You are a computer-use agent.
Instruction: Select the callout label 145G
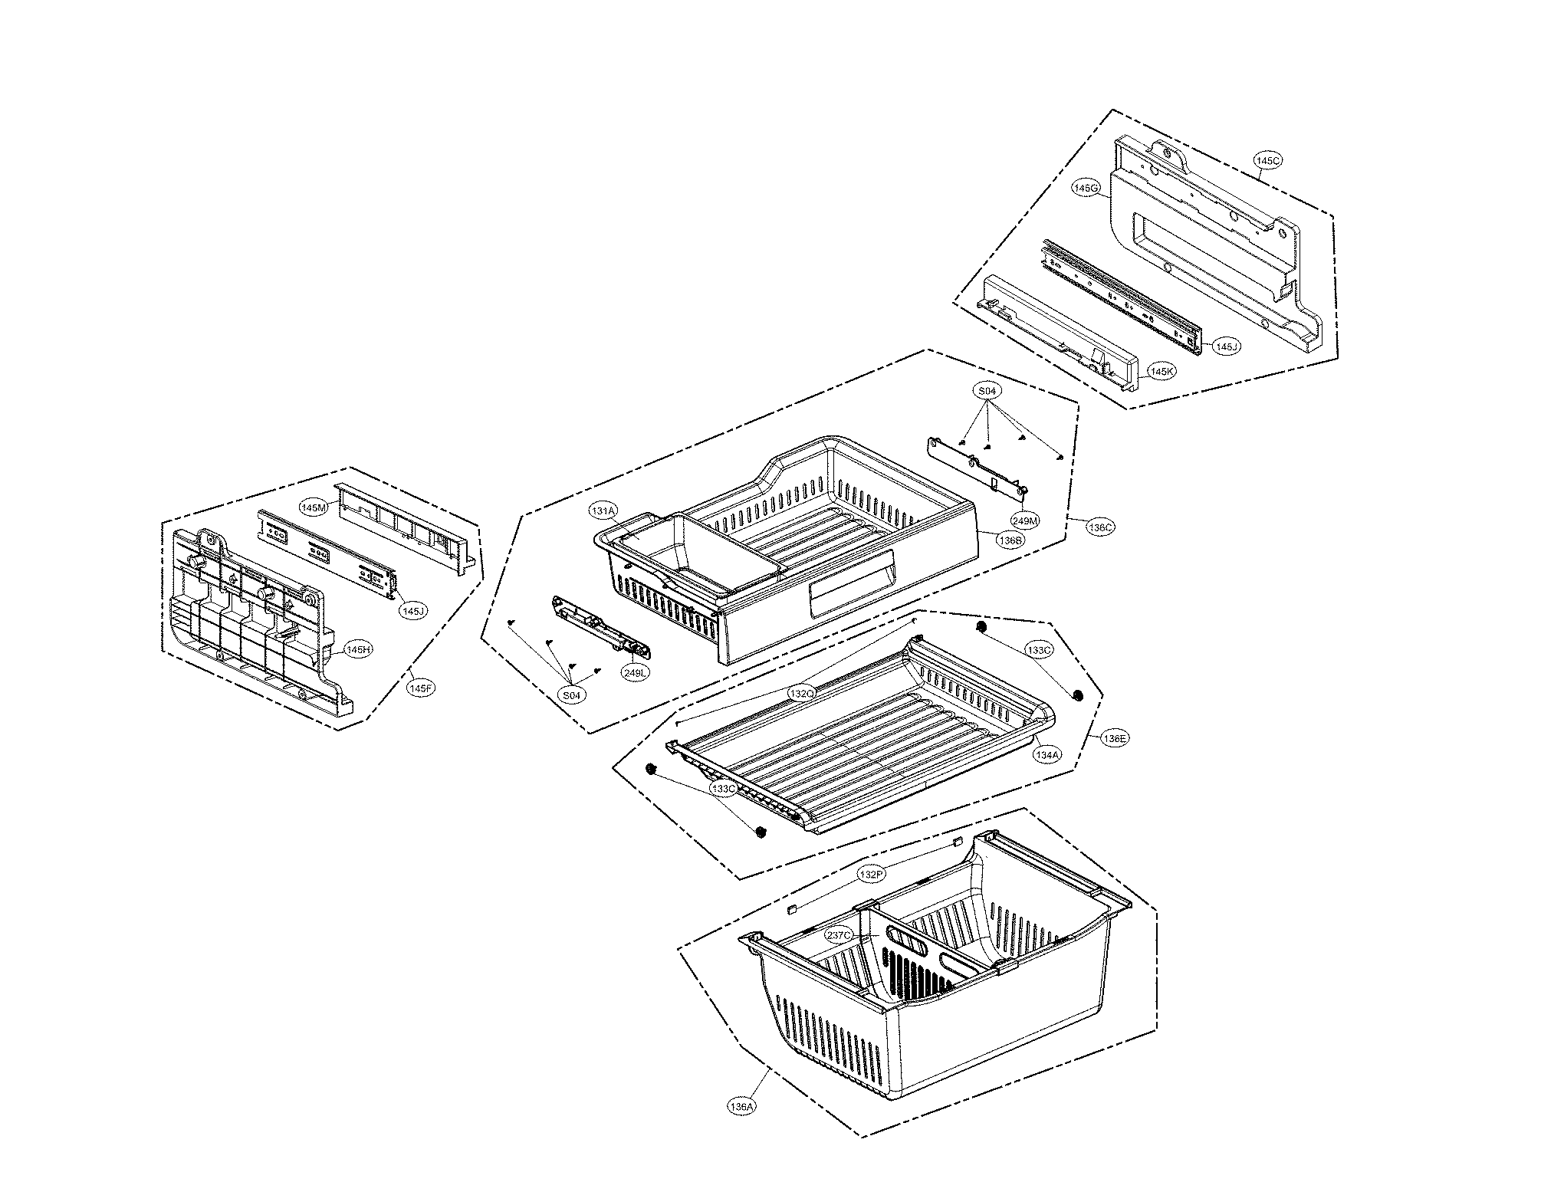click(x=1086, y=188)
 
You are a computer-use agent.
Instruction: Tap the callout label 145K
click(x=1161, y=372)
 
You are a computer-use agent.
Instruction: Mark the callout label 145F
click(x=421, y=688)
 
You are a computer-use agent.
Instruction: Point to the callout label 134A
click(x=1046, y=754)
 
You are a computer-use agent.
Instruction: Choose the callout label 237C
click(x=839, y=936)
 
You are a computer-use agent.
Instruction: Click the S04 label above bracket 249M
click(x=988, y=391)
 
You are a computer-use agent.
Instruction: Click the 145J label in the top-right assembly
click(x=1226, y=347)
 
